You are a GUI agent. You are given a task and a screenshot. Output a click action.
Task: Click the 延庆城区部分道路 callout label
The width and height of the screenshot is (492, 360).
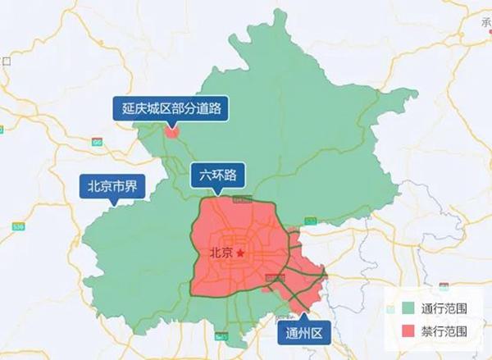(x=171, y=107)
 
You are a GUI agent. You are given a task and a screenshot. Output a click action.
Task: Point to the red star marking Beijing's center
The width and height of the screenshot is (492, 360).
(x=241, y=254)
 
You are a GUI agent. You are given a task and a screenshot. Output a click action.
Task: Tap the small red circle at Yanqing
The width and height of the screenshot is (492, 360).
(x=171, y=130)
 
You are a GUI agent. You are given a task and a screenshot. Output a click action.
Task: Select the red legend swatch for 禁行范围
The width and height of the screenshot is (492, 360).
(x=408, y=331)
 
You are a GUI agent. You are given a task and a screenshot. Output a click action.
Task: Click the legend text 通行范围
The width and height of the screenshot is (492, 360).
(x=444, y=310)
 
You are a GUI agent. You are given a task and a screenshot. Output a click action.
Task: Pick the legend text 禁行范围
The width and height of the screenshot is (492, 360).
(x=444, y=331)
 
